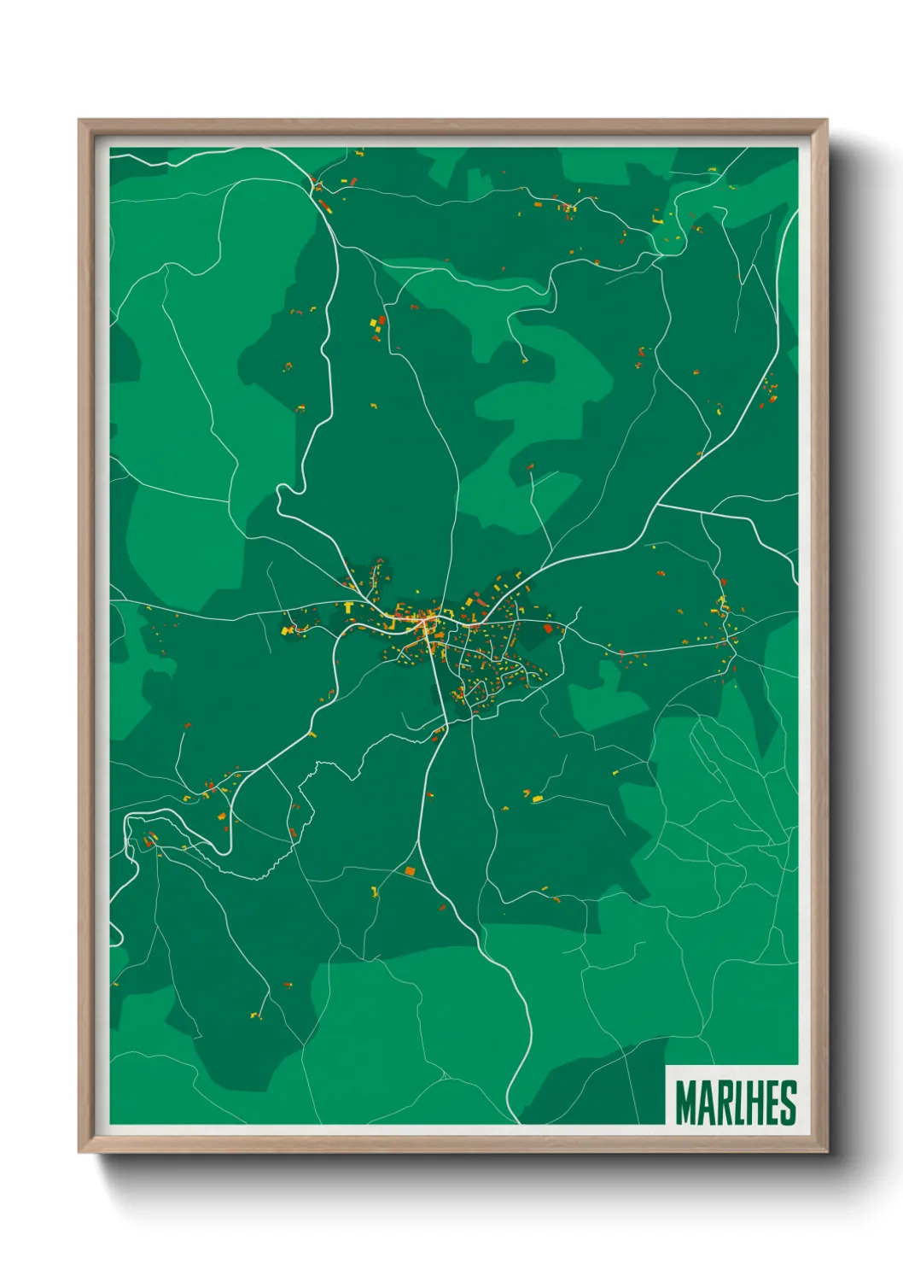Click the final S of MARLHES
tap(789, 1103)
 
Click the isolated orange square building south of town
tap(410, 871)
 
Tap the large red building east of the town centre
tap(548, 628)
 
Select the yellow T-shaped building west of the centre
tap(349, 607)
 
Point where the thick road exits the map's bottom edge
tap(517, 1121)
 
